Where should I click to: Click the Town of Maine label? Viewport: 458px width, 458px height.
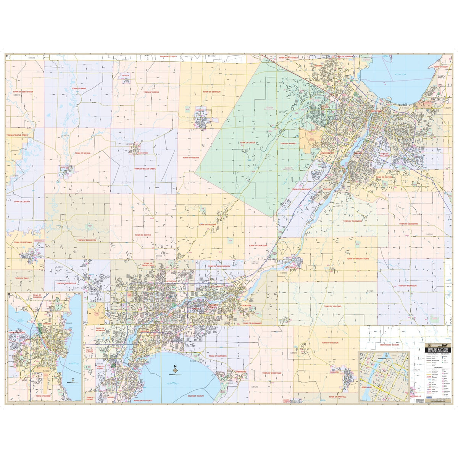78,89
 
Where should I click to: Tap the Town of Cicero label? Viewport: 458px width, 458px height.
151,92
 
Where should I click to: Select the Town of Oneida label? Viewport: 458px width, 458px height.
247,143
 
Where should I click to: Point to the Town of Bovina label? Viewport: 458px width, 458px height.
83,153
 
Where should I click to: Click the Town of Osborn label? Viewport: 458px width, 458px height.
191,157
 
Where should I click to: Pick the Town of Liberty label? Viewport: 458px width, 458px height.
22,201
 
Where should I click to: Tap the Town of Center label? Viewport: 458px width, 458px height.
143,235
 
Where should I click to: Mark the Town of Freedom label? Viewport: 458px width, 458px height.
208,225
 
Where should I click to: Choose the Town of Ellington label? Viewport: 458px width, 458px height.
87,240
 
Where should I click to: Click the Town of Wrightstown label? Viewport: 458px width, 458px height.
358,258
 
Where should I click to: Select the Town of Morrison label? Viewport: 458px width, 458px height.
408,285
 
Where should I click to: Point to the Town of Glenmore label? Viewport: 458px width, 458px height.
408,224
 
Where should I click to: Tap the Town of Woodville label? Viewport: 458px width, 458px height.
272,373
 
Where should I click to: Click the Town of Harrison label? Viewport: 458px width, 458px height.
218,356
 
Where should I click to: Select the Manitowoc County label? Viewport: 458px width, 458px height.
389,345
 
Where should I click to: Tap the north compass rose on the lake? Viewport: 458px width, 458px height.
175,369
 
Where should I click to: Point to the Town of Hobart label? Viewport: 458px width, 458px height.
289,144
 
